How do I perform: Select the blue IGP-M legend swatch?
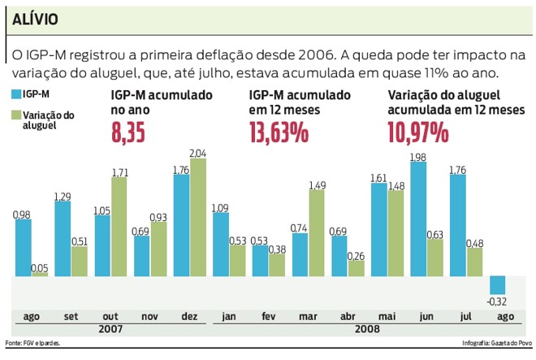tap(17, 95)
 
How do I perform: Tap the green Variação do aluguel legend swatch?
tap(17, 115)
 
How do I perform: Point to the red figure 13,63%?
tap(279, 131)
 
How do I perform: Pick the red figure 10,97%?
tap(418, 131)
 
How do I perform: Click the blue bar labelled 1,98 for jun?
tap(418, 219)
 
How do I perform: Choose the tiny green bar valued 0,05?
tap(39, 275)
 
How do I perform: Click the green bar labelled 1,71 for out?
tap(118, 228)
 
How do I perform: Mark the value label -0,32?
tap(497, 302)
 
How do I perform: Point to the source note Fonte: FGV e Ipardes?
tap(32, 343)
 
